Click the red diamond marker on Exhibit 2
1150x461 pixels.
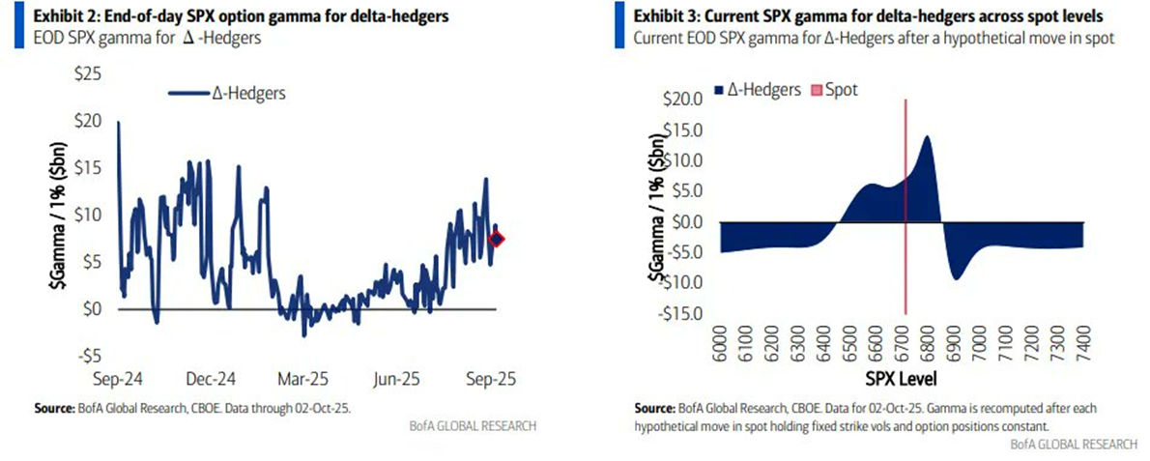coord(497,240)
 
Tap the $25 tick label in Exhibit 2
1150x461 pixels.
coord(90,73)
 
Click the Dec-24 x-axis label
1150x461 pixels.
coord(212,380)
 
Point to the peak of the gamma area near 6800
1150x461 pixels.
coord(927,137)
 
